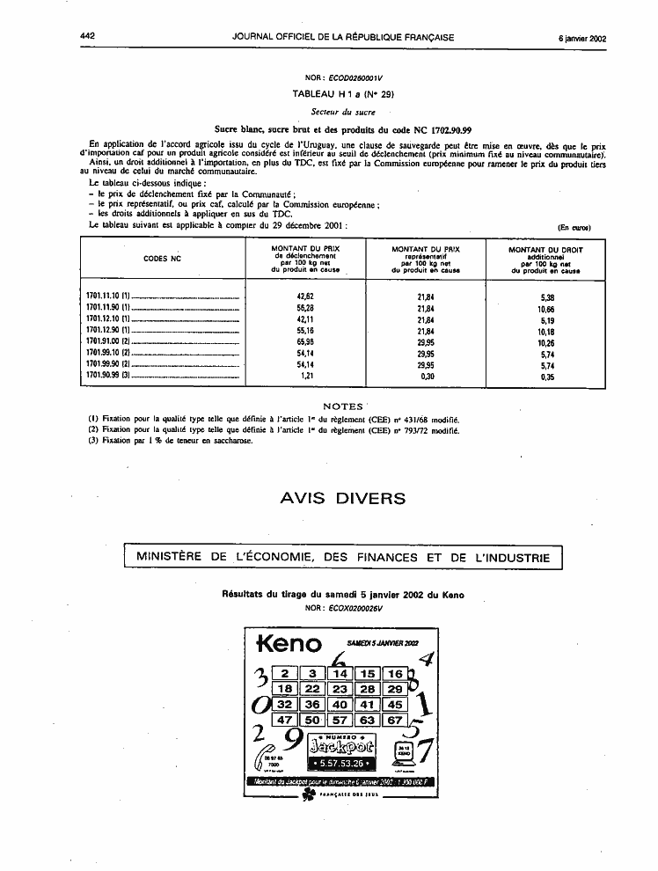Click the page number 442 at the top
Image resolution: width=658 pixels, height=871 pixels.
(86, 37)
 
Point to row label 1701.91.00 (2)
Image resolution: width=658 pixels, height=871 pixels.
(109, 340)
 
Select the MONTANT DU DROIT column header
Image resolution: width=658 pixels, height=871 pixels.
(545, 250)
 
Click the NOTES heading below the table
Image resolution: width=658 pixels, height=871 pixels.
(342, 406)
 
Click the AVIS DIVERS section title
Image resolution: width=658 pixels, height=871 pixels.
(342, 499)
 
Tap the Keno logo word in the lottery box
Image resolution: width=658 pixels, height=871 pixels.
(288, 644)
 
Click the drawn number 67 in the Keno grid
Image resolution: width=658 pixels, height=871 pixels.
(394, 720)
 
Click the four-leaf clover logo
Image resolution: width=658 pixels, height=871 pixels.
(308, 794)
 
